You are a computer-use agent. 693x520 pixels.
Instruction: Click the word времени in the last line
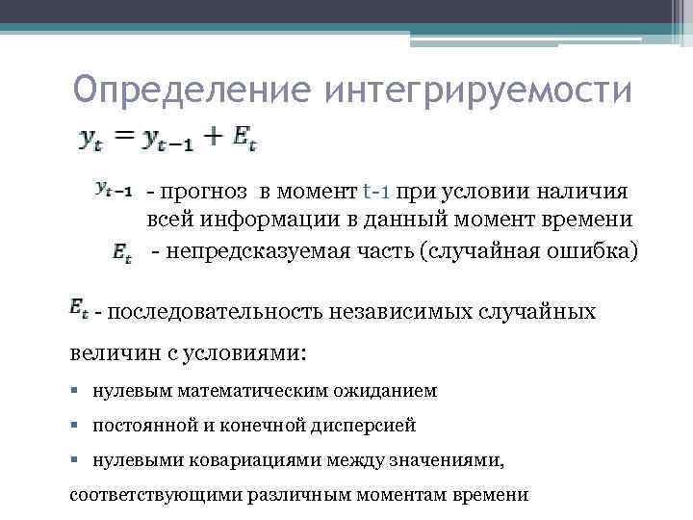492,494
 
